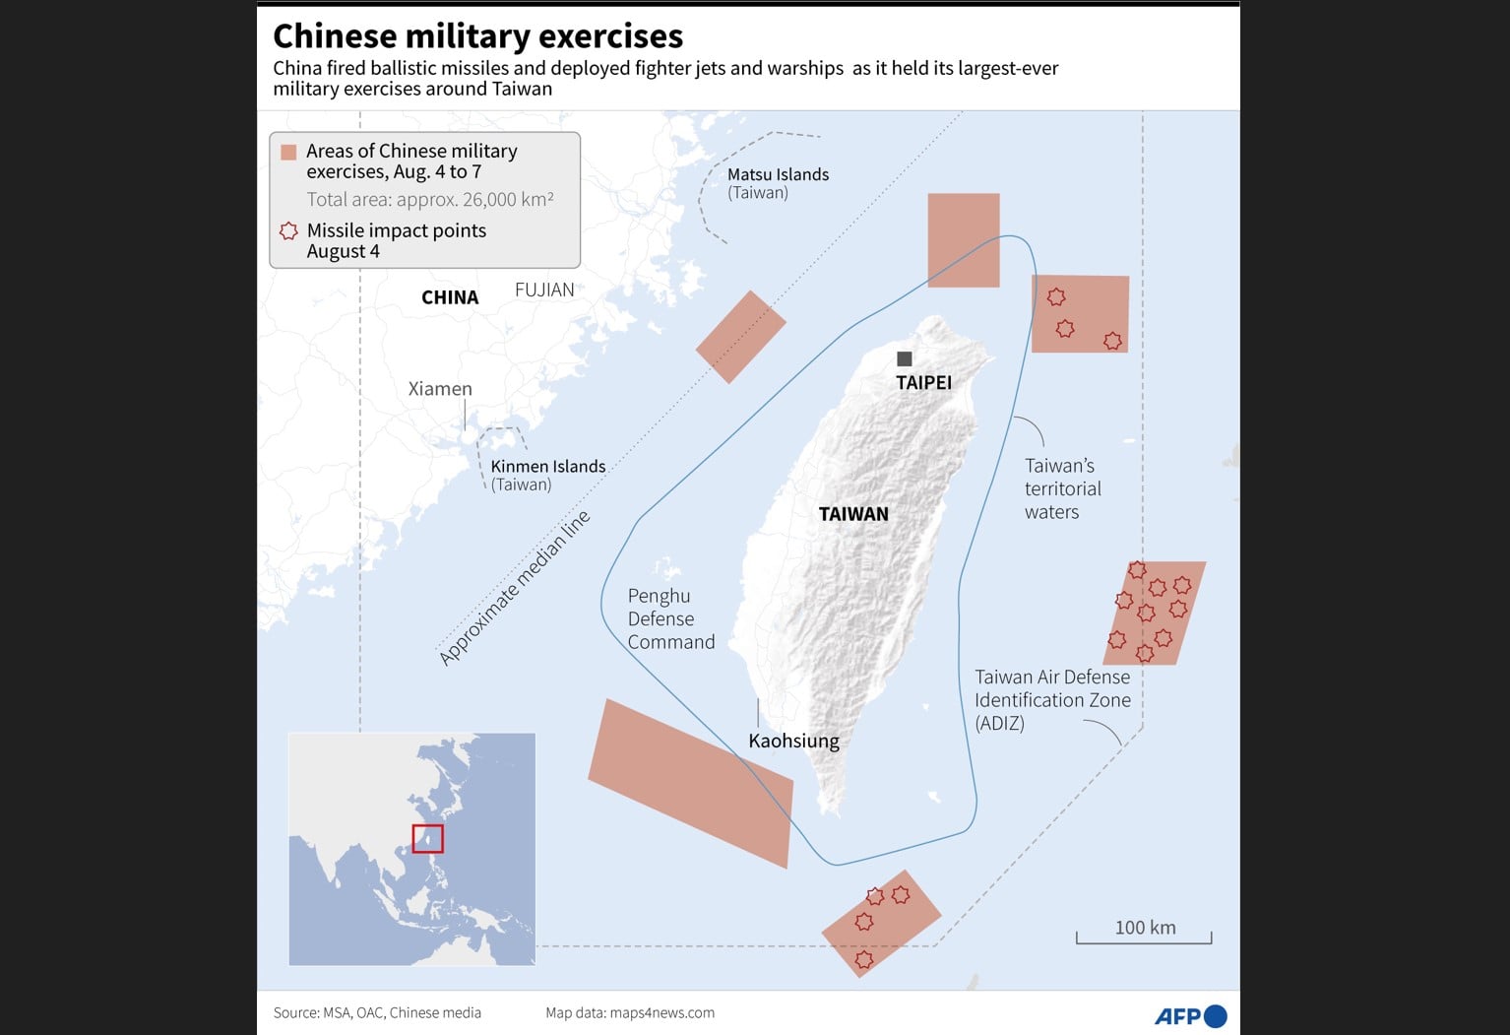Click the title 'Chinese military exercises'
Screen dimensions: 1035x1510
coord(477,36)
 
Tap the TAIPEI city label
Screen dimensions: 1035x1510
coord(923,383)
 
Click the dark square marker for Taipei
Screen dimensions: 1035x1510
coord(905,358)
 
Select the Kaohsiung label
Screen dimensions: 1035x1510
coord(793,741)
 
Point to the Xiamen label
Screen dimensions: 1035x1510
coord(440,389)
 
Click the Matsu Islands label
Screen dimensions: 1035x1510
coord(778,175)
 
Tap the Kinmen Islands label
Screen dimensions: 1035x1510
coord(547,467)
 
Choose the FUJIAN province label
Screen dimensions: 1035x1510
coord(544,290)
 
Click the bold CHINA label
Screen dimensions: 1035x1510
coord(450,297)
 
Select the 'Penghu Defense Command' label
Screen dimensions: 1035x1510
coord(671,618)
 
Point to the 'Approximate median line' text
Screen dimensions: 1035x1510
coord(514,588)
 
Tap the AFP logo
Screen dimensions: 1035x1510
coord(1190,1015)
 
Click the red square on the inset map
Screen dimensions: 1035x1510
coord(427,838)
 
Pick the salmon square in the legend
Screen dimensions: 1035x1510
coord(288,152)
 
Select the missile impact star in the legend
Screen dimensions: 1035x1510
coord(288,231)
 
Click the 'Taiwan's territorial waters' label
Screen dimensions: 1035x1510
coord(1062,488)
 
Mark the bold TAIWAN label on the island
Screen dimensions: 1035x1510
coord(853,514)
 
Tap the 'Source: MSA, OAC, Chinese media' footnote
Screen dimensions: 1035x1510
coord(377,1012)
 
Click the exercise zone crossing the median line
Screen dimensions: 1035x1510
coord(740,337)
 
